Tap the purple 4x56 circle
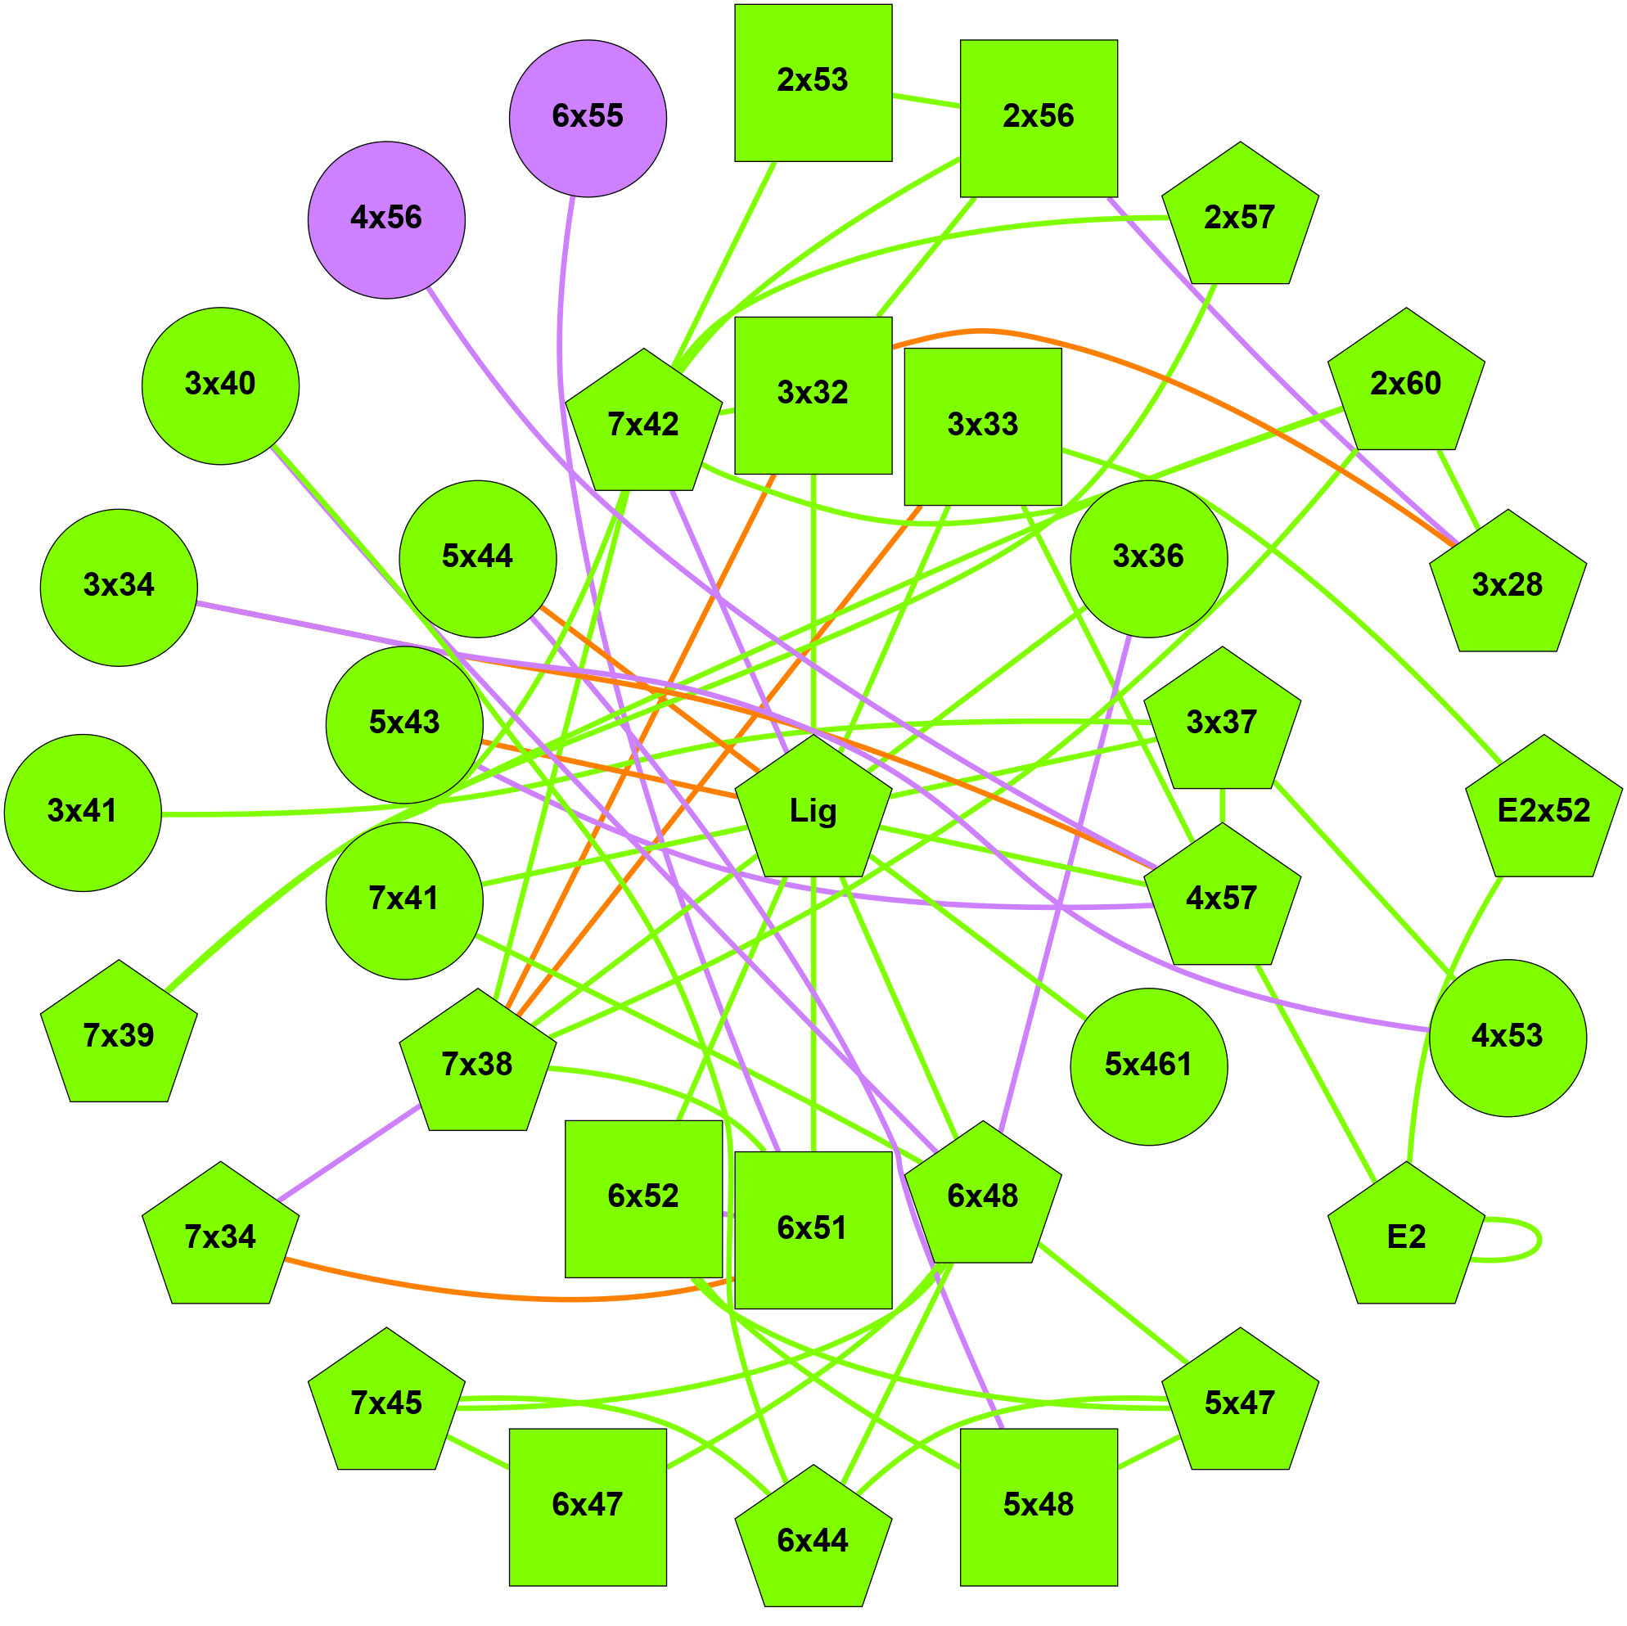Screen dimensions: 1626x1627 pyautogui.click(x=386, y=220)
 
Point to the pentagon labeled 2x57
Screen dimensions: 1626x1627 pyautogui.click(x=1240, y=218)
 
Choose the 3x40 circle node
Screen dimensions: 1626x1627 pyautogui.click(x=221, y=385)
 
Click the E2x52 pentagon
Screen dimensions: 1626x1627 pyautogui.click(x=1544, y=811)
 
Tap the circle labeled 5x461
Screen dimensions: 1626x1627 pyautogui.click(x=1149, y=1066)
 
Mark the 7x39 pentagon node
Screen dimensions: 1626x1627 pyautogui.click(x=119, y=1037)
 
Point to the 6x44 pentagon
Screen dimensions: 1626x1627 pyautogui.click(x=813, y=1541)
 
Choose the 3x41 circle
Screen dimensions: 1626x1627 pyautogui.click(x=83, y=813)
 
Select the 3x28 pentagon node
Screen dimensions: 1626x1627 pyautogui.click(x=1508, y=586)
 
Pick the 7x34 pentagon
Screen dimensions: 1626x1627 pyautogui.click(x=221, y=1239)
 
